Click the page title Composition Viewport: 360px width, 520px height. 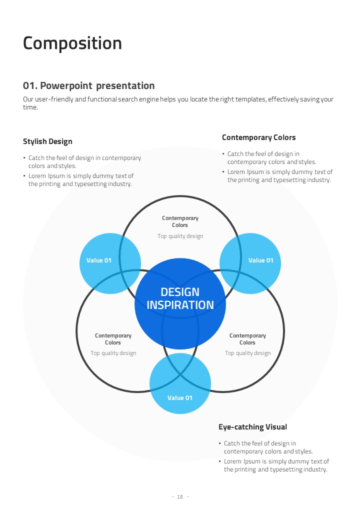pyautogui.click(x=72, y=43)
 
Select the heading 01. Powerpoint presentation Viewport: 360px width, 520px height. pyautogui.click(x=88, y=86)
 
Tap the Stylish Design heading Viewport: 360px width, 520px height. pyautogui.click(x=47, y=141)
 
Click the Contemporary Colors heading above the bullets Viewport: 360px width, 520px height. pyautogui.click(x=258, y=137)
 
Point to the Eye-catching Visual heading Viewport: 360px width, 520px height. pyautogui.click(x=252, y=427)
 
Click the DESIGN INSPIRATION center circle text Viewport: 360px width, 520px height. pyautogui.click(x=180, y=298)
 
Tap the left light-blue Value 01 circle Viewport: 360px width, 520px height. pyautogui.click(x=99, y=260)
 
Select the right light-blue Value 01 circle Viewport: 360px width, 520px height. pyautogui.click(x=260, y=260)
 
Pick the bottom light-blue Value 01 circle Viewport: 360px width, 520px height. pyautogui.click(x=179, y=398)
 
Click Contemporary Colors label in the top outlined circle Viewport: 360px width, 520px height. pyautogui.click(x=180, y=221)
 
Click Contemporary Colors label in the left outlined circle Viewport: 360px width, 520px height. pyautogui.click(x=113, y=339)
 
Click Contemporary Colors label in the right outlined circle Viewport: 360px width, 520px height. pyautogui.click(x=247, y=339)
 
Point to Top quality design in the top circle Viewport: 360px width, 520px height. pyautogui.click(x=180, y=236)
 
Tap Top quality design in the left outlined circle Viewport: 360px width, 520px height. pyautogui.click(x=113, y=353)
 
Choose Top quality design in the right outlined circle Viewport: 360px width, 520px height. pyautogui.click(x=247, y=353)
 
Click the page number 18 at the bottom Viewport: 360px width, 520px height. pyautogui.click(x=180, y=496)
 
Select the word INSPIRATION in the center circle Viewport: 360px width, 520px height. pyautogui.click(x=180, y=305)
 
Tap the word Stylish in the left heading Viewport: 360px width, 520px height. pyautogui.click(x=34, y=141)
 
